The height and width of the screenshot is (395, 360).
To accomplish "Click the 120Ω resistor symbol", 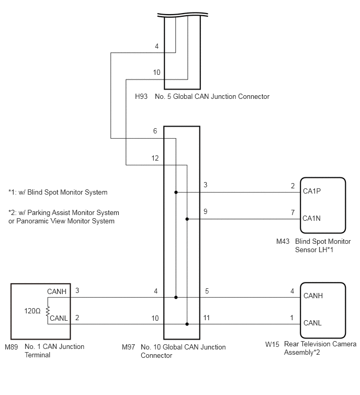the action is click(48, 311).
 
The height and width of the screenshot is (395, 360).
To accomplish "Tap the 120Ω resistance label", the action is click(32, 311).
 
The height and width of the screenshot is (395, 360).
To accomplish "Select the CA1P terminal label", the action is click(312, 191).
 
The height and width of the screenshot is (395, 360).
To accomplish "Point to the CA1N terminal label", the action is click(311, 218).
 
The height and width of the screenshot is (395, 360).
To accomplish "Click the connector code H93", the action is click(141, 96).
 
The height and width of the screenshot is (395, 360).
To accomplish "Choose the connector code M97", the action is click(128, 347).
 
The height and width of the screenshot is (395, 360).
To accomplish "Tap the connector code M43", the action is click(283, 241).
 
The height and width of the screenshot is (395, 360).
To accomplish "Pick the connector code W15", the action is click(272, 344).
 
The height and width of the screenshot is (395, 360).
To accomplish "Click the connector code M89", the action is click(12, 347).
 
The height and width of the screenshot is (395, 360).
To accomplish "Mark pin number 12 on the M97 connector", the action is click(155, 158).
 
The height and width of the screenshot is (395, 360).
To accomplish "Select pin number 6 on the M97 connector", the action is click(155, 131).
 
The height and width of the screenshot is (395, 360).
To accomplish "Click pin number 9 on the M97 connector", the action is click(205, 211).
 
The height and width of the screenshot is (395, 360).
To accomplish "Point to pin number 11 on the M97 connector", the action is click(206, 318).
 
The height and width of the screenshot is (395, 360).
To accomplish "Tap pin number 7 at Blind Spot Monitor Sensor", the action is click(292, 212).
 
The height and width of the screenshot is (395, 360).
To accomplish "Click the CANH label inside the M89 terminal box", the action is click(57, 291).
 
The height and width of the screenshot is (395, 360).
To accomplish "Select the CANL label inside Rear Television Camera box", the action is click(312, 323).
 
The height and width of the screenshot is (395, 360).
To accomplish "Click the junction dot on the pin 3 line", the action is click(176, 193).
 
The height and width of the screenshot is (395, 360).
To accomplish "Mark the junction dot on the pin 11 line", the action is click(187, 324).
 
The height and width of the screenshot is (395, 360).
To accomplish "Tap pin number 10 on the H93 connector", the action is click(156, 73).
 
